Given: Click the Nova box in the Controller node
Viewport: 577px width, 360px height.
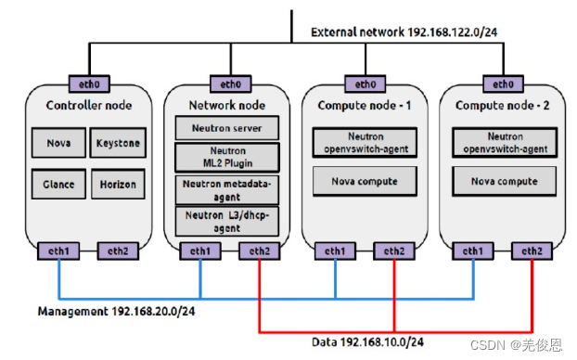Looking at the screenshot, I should (58, 143).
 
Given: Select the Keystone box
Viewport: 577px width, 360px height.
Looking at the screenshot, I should (118, 143).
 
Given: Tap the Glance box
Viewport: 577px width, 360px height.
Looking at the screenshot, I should (58, 184).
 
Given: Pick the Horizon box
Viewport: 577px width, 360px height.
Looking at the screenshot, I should (118, 184).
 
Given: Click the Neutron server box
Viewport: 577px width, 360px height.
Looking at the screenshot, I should (226, 127).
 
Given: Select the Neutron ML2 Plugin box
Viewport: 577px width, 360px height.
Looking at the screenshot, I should (226, 156).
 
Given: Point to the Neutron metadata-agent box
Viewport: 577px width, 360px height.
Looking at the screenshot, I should (226, 188).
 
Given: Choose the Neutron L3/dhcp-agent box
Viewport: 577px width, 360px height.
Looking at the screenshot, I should (226, 220).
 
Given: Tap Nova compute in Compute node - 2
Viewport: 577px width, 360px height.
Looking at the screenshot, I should (504, 181).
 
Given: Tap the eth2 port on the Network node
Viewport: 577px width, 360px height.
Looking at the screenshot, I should (258, 250).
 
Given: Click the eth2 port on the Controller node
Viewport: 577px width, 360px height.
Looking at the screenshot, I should (116, 250).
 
